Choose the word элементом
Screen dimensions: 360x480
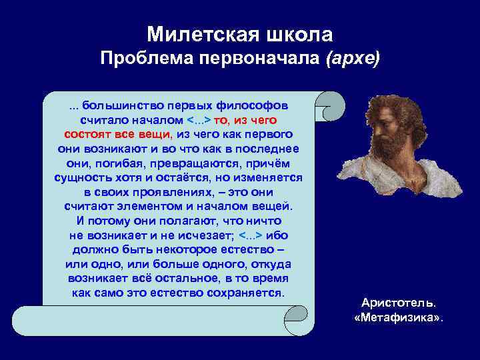click(x=151, y=206)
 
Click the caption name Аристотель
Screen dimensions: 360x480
click(x=398, y=303)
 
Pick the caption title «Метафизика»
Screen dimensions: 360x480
click(x=398, y=317)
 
